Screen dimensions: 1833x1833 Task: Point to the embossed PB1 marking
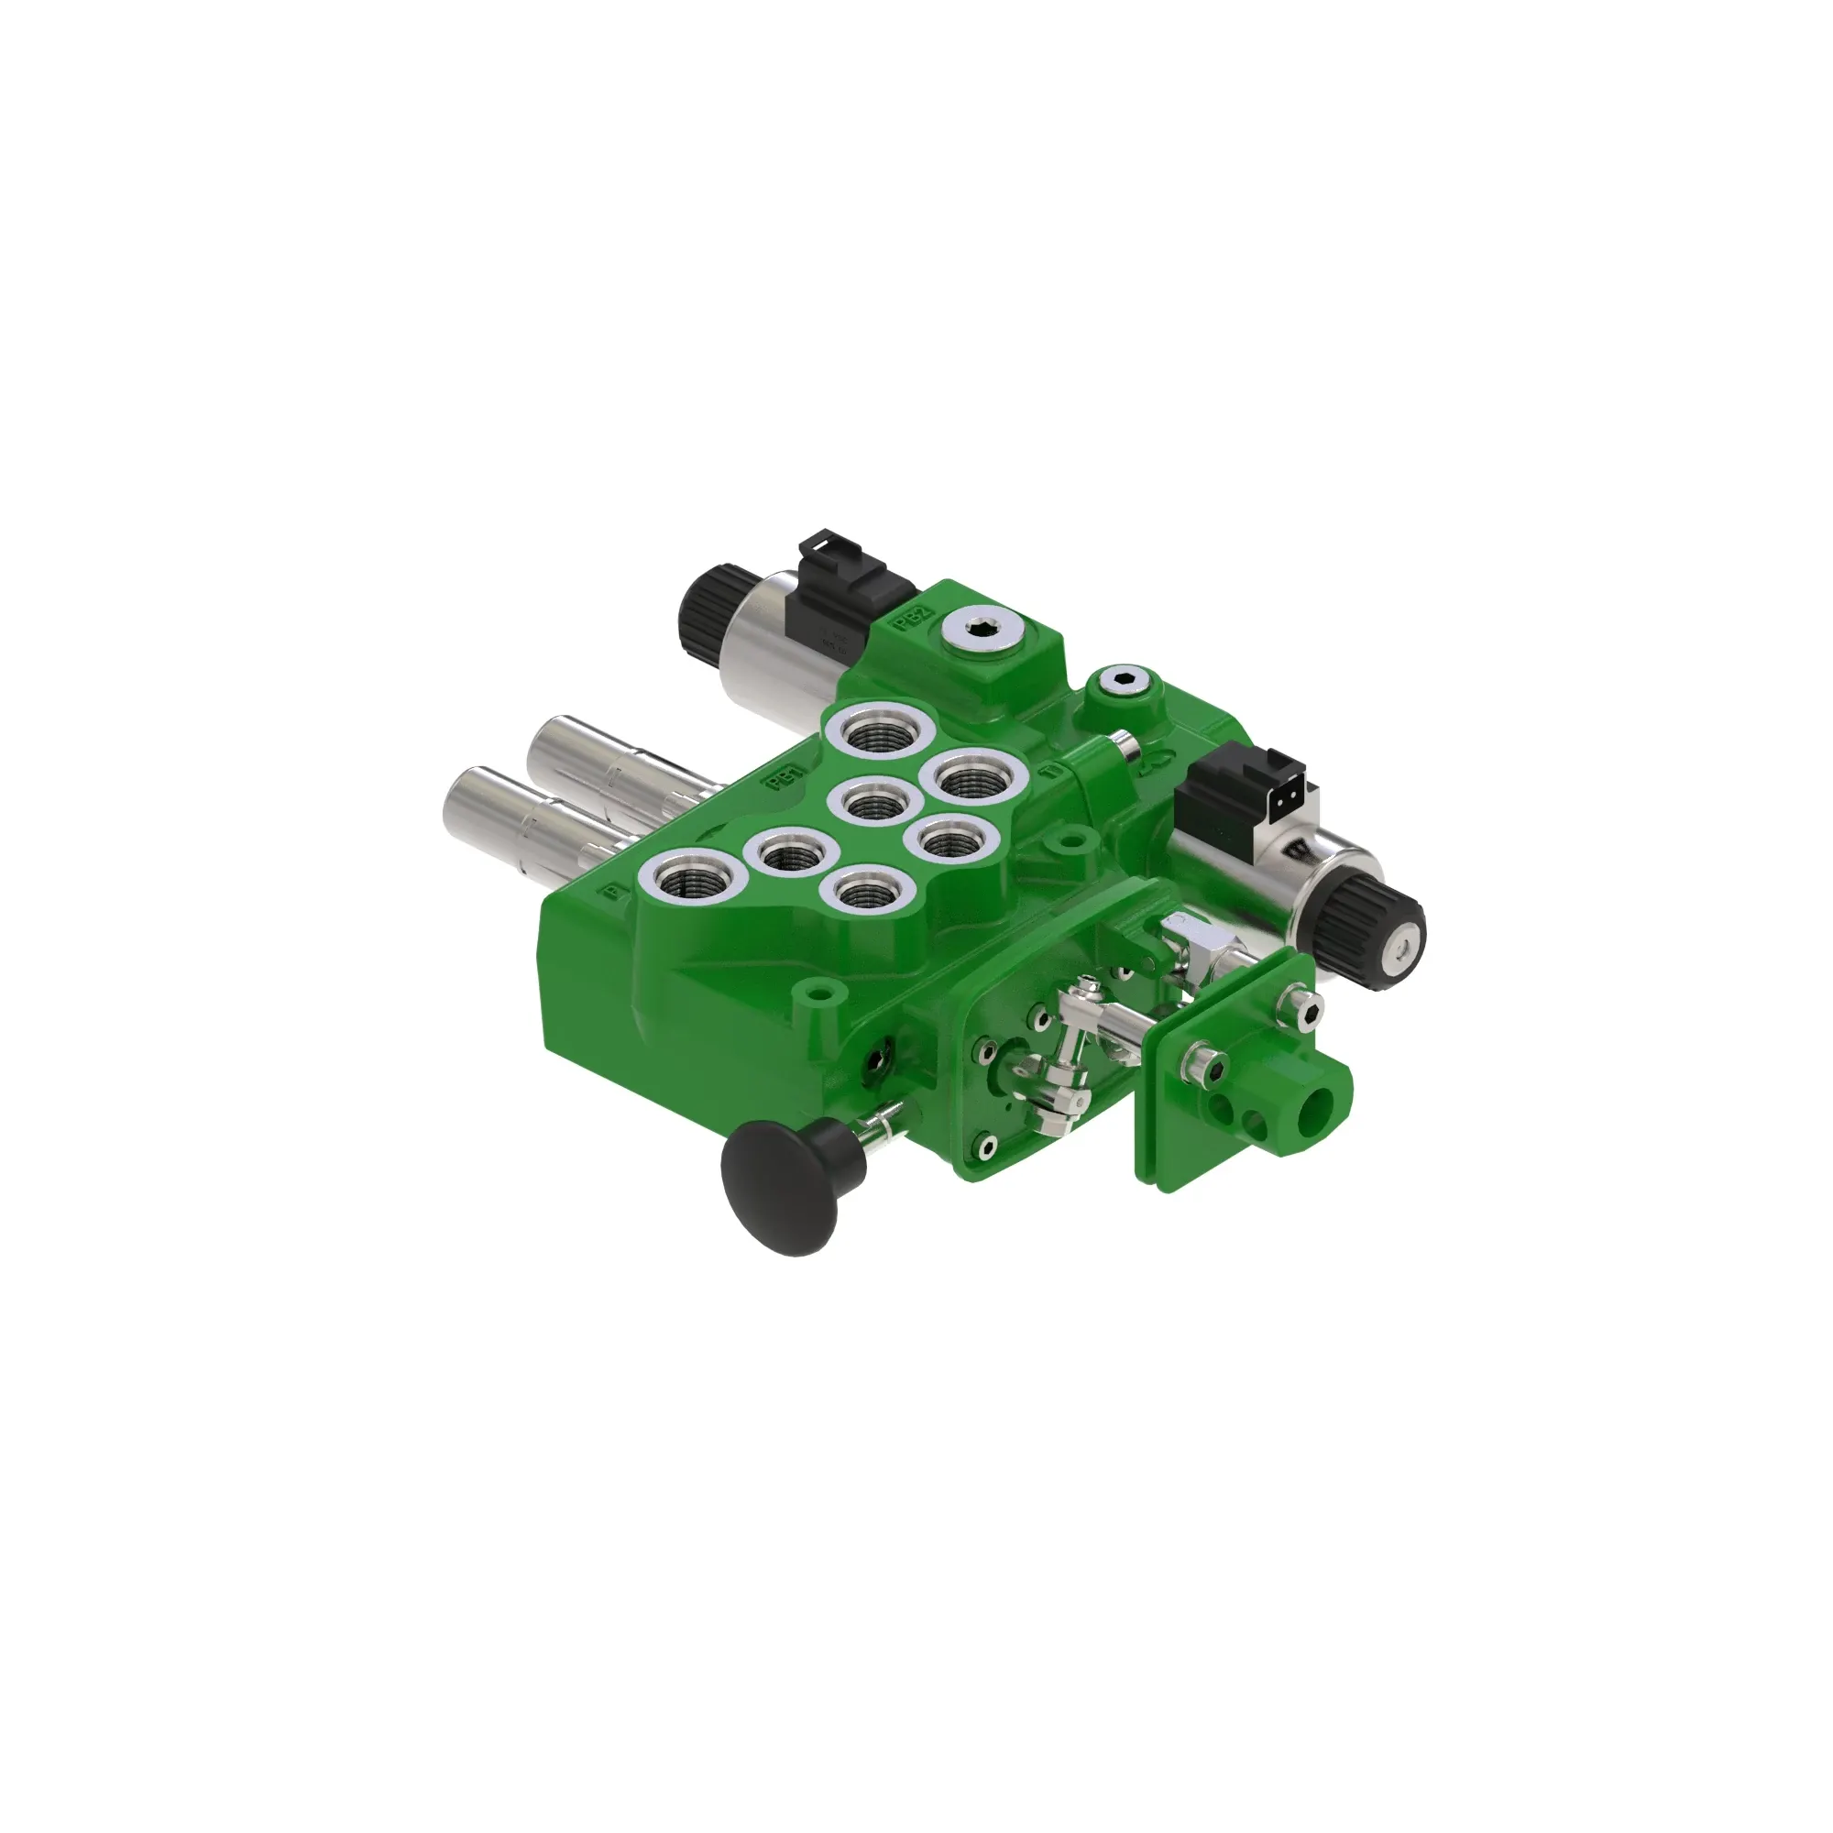click(785, 777)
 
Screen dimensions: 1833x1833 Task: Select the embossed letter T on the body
click(1049, 772)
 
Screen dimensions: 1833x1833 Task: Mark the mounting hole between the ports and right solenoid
click(1071, 840)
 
